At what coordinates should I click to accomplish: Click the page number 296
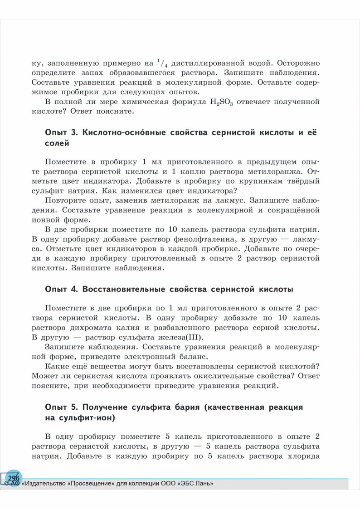pyautogui.click(x=14, y=478)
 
